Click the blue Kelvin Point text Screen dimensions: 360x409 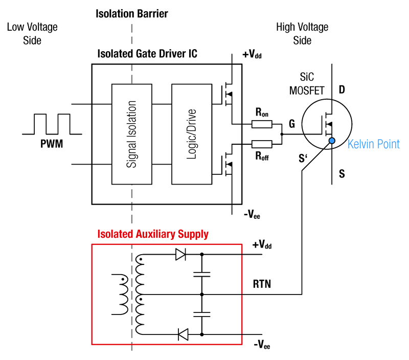[373, 144]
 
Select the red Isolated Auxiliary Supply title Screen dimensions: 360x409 [153, 234]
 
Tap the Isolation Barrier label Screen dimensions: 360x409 [132, 13]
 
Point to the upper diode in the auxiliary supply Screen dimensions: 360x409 [180, 254]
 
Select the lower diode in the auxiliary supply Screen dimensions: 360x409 [183, 335]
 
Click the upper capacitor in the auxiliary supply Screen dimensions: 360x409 [202, 274]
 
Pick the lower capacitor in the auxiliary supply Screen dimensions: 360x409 [202, 314]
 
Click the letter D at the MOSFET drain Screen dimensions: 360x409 [342, 91]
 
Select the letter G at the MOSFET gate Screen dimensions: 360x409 [291, 124]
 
